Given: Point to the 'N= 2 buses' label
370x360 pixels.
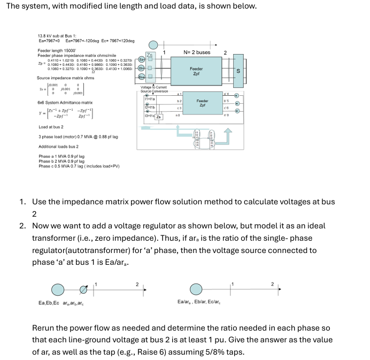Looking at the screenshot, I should pyautogui.click(x=197, y=52).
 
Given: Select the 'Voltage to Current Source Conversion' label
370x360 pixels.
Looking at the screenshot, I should pyautogui.click(x=153, y=89).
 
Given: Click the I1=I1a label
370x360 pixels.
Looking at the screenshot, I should pyautogui.click(x=150, y=99).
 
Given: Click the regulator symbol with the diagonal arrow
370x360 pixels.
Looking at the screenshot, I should pyautogui.click(x=83, y=290).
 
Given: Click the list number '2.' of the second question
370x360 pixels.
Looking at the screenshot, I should pyautogui.click(x=24, y=226).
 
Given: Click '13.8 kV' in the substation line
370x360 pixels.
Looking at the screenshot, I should pyautogui.click(x=45, y=35).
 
